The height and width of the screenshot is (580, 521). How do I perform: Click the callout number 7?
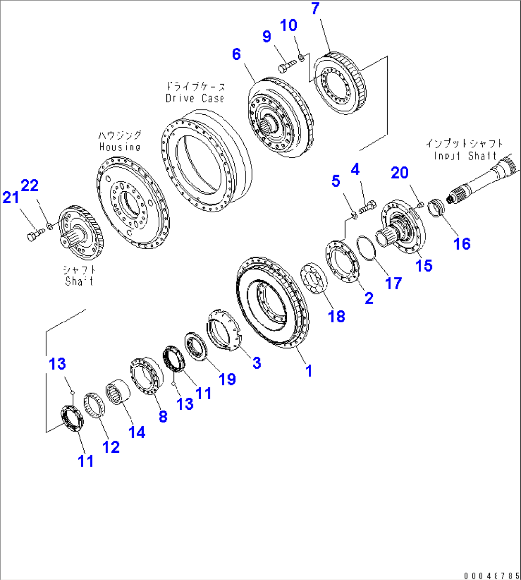tap(315, 9)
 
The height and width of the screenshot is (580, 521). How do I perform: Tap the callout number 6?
tap(237, 54)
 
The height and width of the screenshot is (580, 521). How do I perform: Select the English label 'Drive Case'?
tap(195, 98)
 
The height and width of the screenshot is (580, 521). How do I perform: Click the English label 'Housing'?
tap(119, 147)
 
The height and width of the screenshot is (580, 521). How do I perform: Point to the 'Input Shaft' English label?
tap(465, 156)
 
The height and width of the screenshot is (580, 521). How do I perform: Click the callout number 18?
tap(336, 316)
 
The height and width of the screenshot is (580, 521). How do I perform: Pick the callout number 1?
tap(309, 370)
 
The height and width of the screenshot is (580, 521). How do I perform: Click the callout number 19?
tap(227, 379)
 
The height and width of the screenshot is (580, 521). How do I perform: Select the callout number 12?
tap(111, 447)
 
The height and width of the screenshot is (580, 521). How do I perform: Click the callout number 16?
tap(462, 243)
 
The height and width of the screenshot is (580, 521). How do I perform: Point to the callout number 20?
tap(400, 173)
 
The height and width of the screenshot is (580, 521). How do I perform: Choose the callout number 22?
tap(30, 186)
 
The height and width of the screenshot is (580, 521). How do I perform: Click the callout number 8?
tap(163, 416)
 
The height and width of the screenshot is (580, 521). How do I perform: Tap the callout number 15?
tap(424, 265)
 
